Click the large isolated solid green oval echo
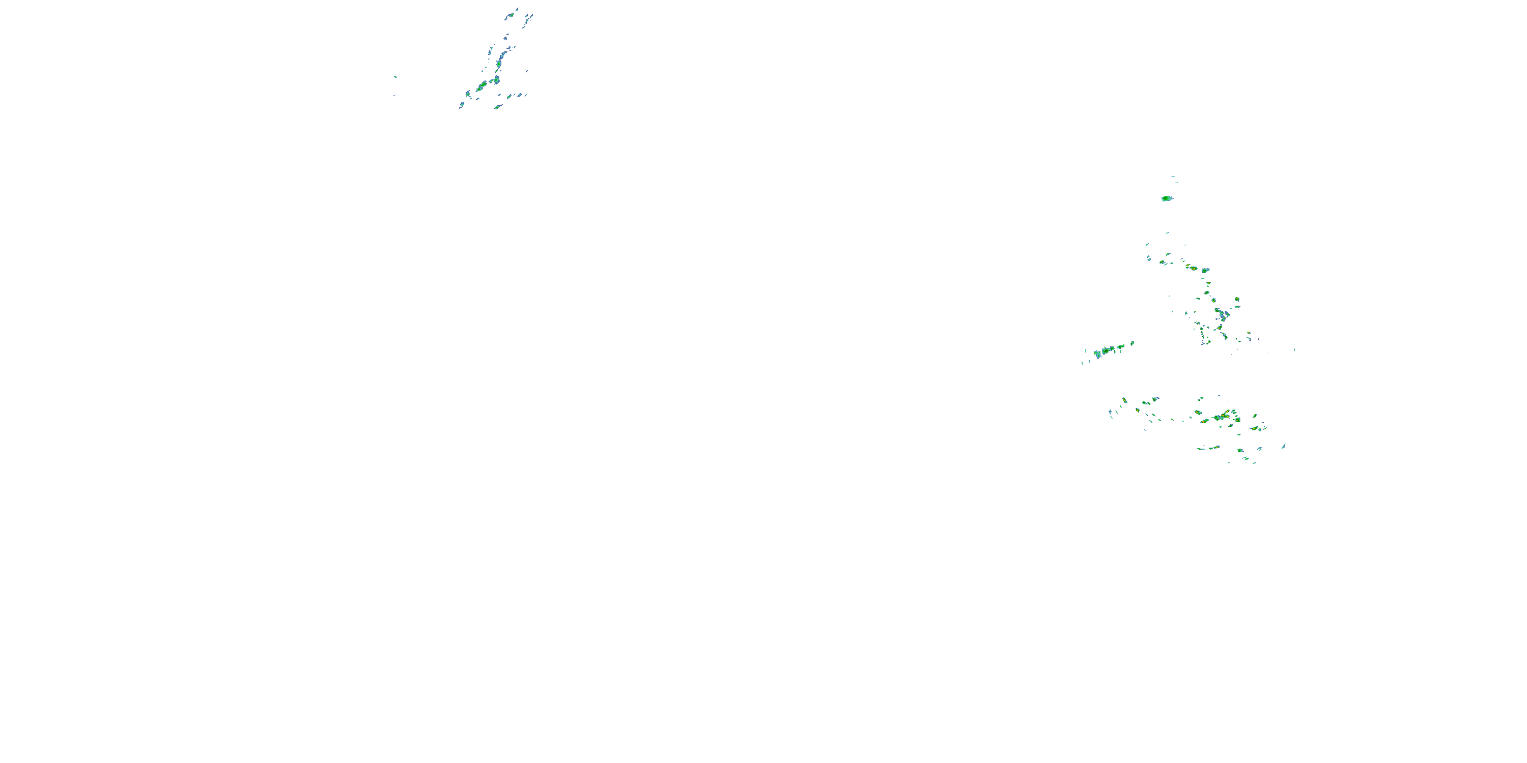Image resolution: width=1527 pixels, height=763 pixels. (x=1167, y=198)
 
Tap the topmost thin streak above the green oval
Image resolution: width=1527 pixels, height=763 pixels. (x=1173, y=177)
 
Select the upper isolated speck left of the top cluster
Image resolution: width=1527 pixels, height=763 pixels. (x=395, y=76)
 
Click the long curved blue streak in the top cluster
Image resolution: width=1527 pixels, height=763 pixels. (x=503, y=57)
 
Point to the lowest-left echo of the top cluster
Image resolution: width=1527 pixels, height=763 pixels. (x=461, y=105)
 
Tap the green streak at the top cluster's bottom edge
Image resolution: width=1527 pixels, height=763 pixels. (x=498, y=107)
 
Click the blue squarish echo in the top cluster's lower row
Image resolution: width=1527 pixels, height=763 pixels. (x=519, y=95)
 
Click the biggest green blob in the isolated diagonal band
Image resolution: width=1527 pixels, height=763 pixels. (x=1106, y=350)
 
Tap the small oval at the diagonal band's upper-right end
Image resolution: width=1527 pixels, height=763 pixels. (x=1132, y=343)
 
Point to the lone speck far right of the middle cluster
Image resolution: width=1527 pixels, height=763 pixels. (x=1294, y=349)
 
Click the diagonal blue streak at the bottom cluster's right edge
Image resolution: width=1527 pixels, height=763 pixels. (x=1283, y=446)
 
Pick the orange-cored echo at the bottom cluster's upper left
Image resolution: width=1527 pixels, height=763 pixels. (x=1124, y=400)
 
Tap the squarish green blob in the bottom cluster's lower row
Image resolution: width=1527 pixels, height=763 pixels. (x=1239, y=450)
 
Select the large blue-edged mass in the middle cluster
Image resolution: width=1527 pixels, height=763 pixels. (x=1222, y=314)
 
